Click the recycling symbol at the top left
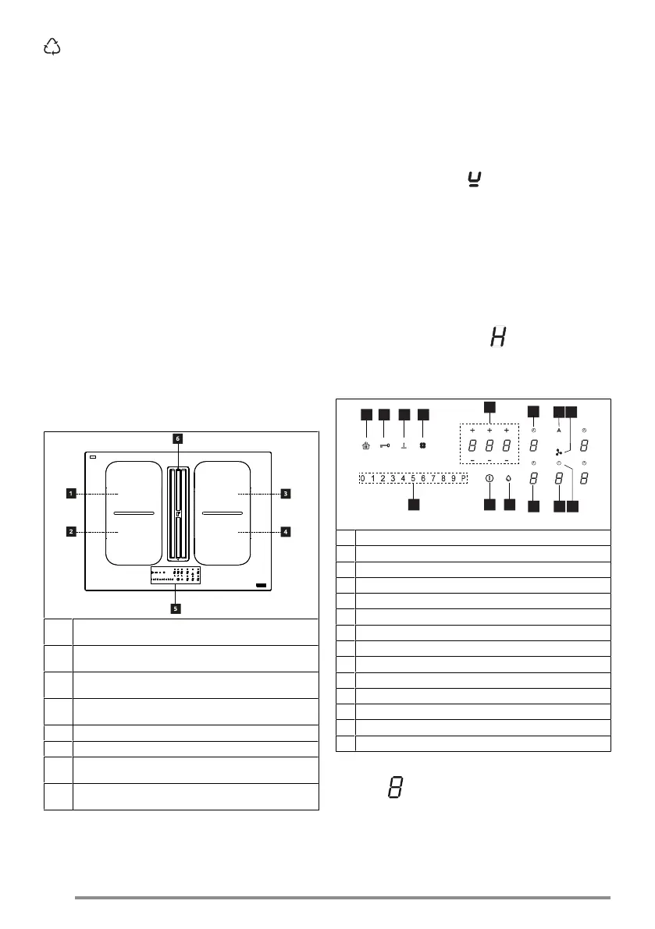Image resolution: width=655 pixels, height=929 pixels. pyautogui.click(x=52, y=48)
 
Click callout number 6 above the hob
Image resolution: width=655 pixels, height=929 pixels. pyautogui.click(x=177, y=439)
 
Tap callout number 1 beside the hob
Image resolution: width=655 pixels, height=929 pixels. pyautogui.click(x=70, y=493)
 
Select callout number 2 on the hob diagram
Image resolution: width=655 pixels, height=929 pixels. pyautogui.click(x=70, y=532)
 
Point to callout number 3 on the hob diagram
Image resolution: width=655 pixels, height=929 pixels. pyautogui.click(x=287, y=493)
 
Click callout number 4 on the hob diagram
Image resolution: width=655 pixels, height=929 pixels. pyautogui.click(x=287, y=532)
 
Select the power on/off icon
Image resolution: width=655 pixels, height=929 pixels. pyautogui.click(x=489, y=479)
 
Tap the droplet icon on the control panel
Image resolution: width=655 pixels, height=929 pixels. pyautogui.click(x=509, y=479)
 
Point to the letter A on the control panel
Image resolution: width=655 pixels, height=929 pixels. pyautogui.click(x=559, y=430)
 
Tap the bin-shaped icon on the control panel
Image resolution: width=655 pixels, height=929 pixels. pyautogui.click(x=365, y=446)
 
